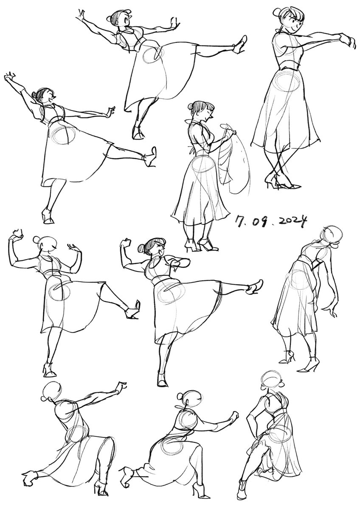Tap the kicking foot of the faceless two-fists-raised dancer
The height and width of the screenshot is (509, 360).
coord(132,310)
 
